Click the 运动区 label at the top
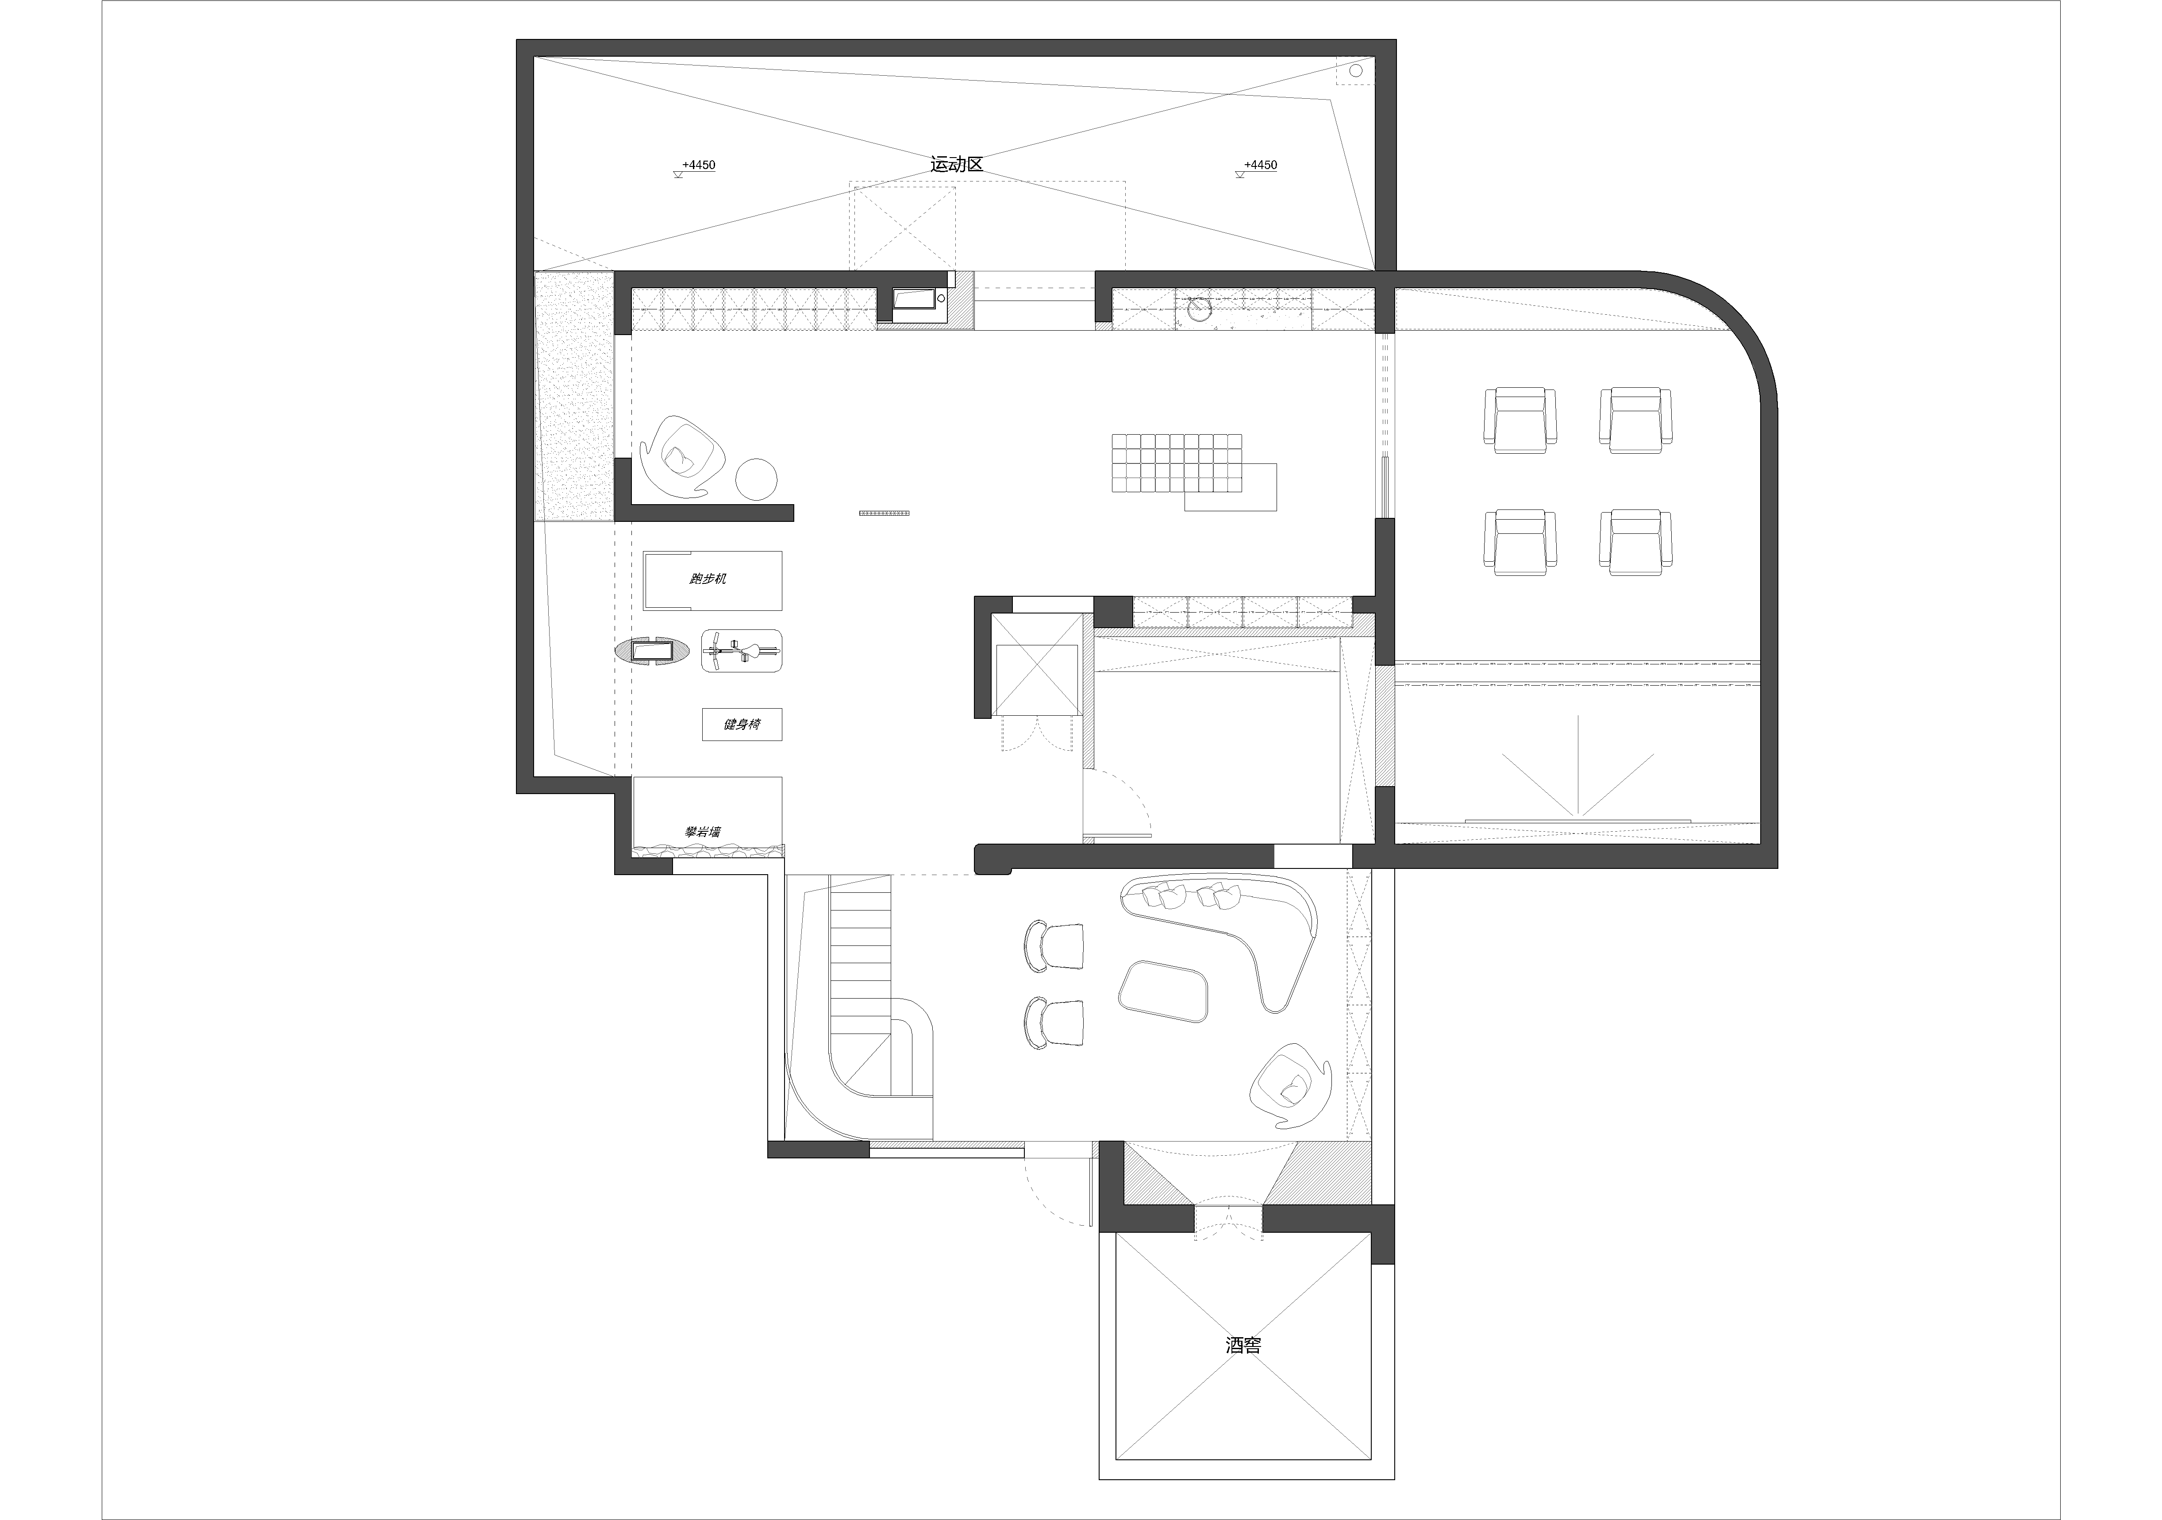coord(957,164)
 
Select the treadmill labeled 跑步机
coord(712,580)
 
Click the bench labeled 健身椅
coord(742,724)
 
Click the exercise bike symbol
coord(742,650)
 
